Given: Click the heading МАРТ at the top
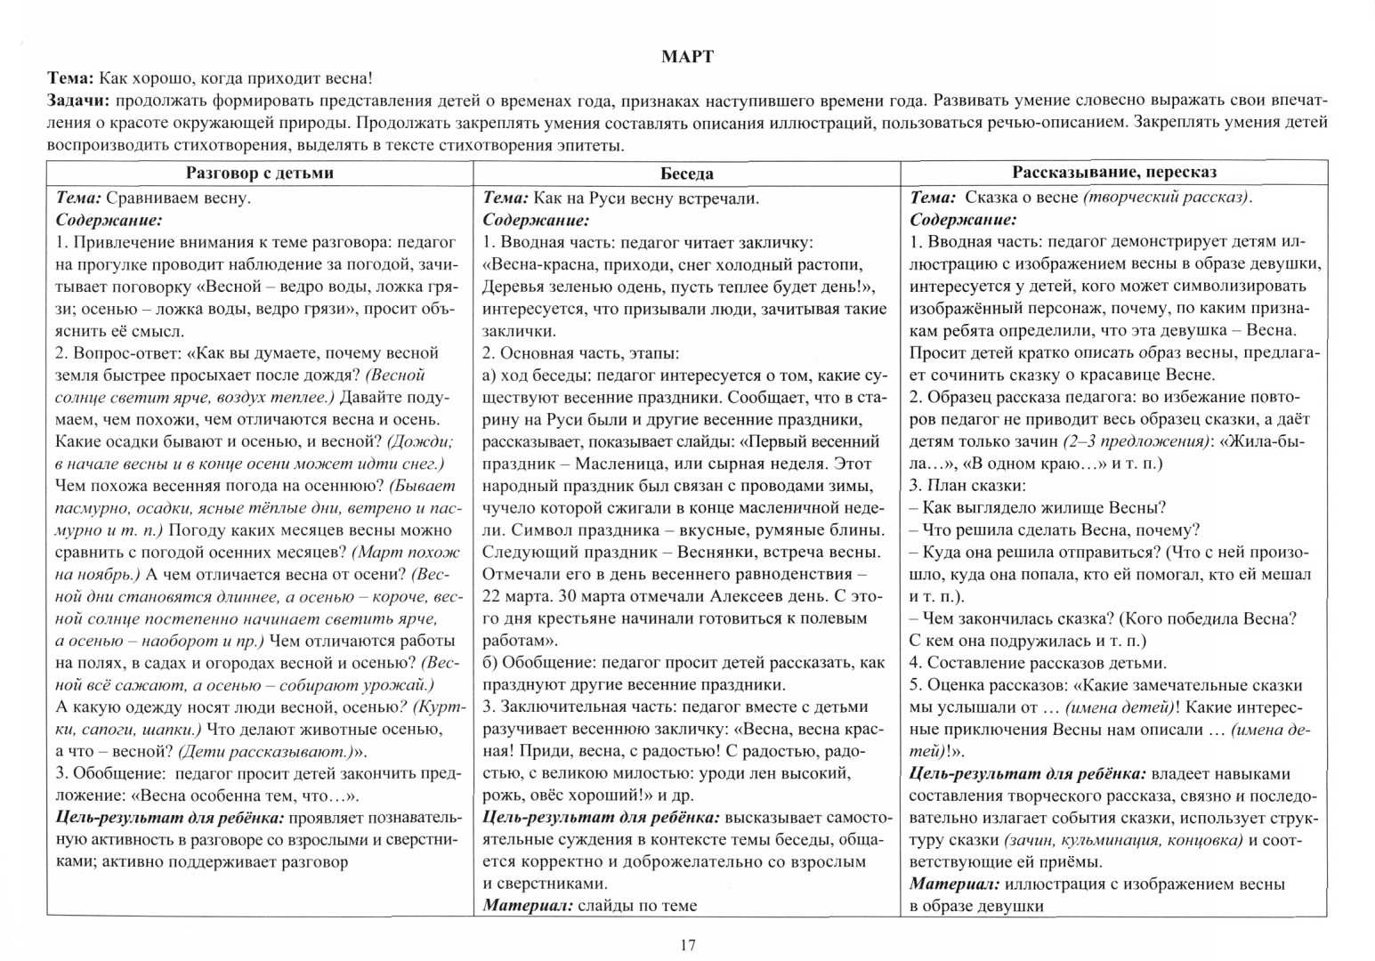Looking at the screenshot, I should click(x=687, y=57).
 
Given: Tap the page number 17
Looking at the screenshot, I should click(x=686, y=945).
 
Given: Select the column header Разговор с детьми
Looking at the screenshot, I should click(x=259, y=173).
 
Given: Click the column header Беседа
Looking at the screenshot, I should click(x=686, y=174).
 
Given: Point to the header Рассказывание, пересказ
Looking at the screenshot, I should click(x=1113, y=173).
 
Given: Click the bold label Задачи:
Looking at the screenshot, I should click(x=79, y=100).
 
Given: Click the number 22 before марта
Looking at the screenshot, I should click(x=491, y=596).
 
